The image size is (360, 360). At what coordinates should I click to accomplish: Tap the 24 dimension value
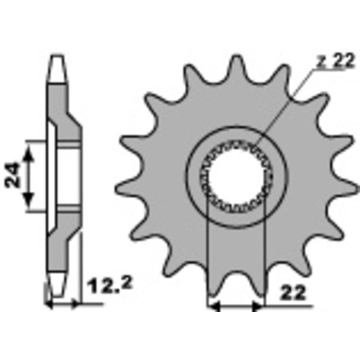pyautogui.click(x=12, y=175)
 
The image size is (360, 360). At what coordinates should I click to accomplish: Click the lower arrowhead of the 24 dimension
pyautogui.click(x=28, y=198)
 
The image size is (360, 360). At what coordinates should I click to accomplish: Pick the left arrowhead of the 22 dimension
pyautogui.click(x=214, y=306)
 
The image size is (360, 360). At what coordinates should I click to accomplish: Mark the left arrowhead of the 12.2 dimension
pyautogui.click(x=50, y=305)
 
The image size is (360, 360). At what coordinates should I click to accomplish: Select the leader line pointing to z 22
pyautogui.click(x=283, y=108)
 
